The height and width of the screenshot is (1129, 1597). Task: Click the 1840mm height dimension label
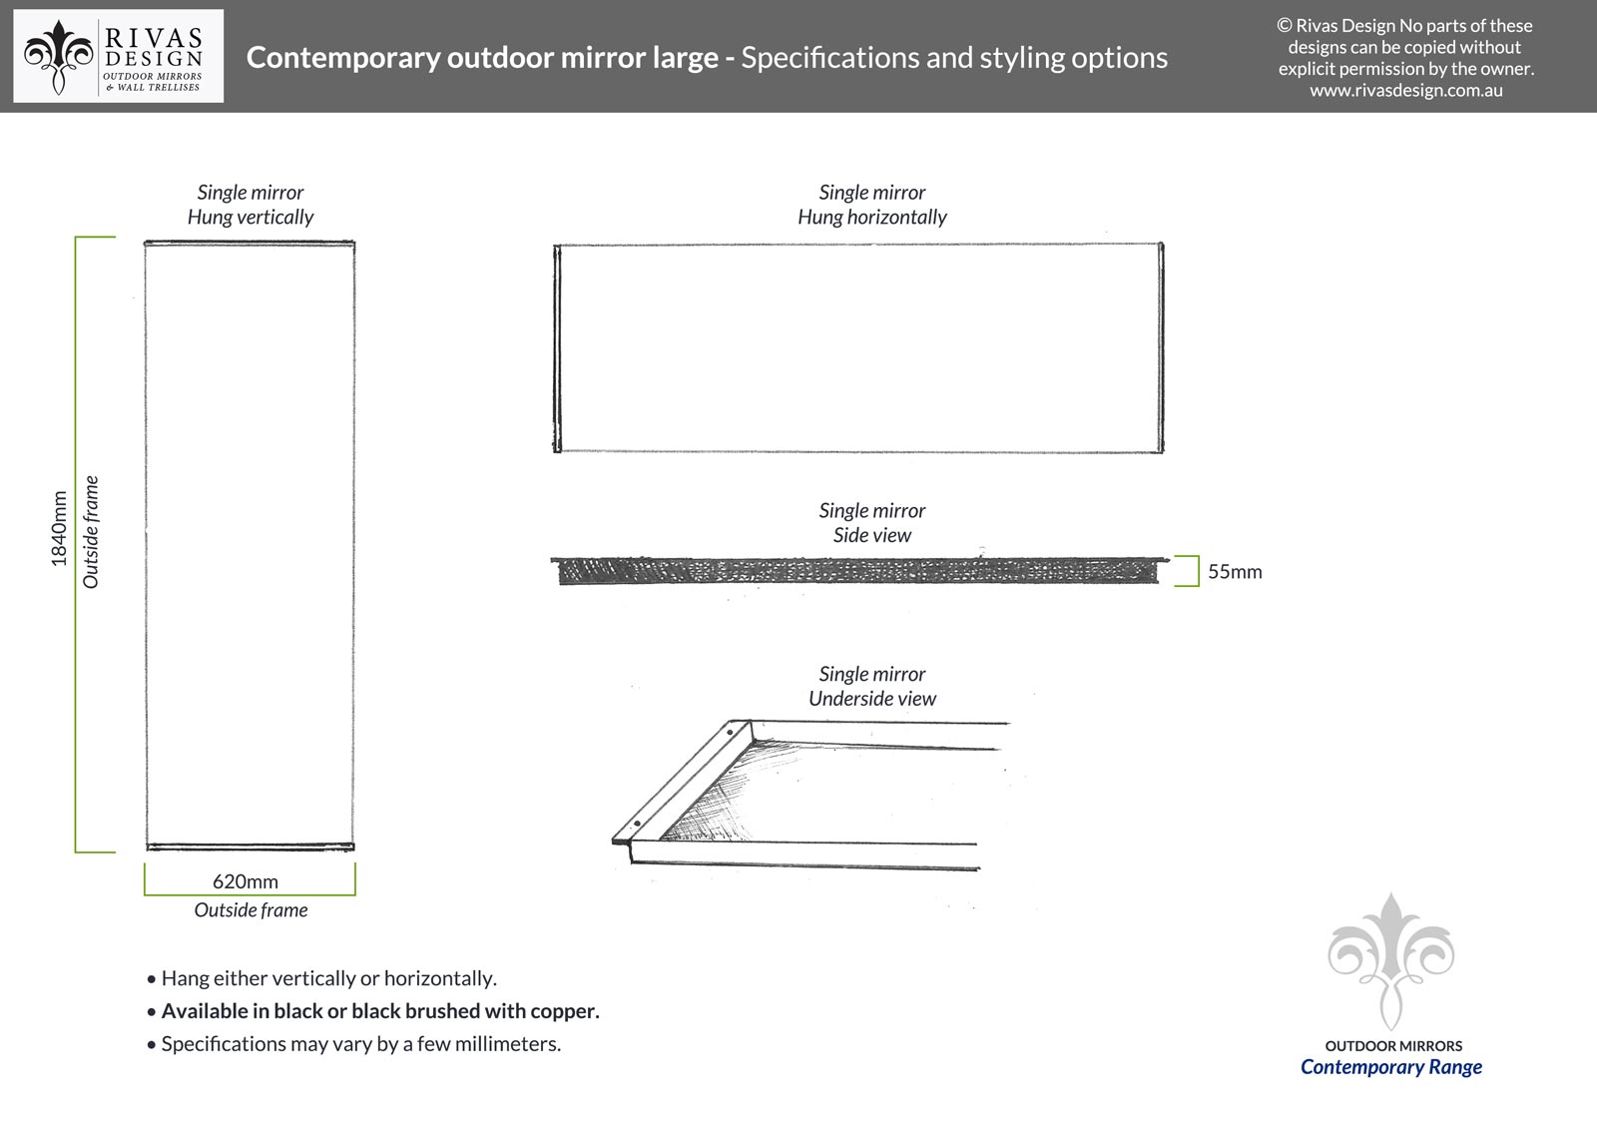59,529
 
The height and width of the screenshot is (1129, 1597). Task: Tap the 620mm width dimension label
246,881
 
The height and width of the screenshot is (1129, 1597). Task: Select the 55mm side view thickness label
1235,572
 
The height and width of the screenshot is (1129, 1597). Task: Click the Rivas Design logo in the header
118,57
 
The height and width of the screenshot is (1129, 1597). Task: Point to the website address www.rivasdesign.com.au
1405,91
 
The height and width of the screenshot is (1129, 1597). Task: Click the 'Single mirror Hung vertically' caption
251,205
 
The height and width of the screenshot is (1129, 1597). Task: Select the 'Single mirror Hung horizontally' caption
872,205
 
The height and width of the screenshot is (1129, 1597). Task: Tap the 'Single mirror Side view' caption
872,522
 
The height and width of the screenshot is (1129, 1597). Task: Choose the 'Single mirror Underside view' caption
872,686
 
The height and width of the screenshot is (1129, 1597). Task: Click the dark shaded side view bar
858,571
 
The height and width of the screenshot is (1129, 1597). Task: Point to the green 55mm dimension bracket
1190,571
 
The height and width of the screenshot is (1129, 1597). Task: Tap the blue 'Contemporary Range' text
1390,1067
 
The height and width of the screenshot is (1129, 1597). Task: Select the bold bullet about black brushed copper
379,1011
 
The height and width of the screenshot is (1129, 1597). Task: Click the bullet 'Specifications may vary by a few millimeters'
360,1044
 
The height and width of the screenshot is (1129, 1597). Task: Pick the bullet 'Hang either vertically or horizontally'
328,978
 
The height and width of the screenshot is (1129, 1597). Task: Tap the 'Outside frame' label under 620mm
251,910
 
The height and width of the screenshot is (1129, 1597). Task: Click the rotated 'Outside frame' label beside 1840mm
91,531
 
